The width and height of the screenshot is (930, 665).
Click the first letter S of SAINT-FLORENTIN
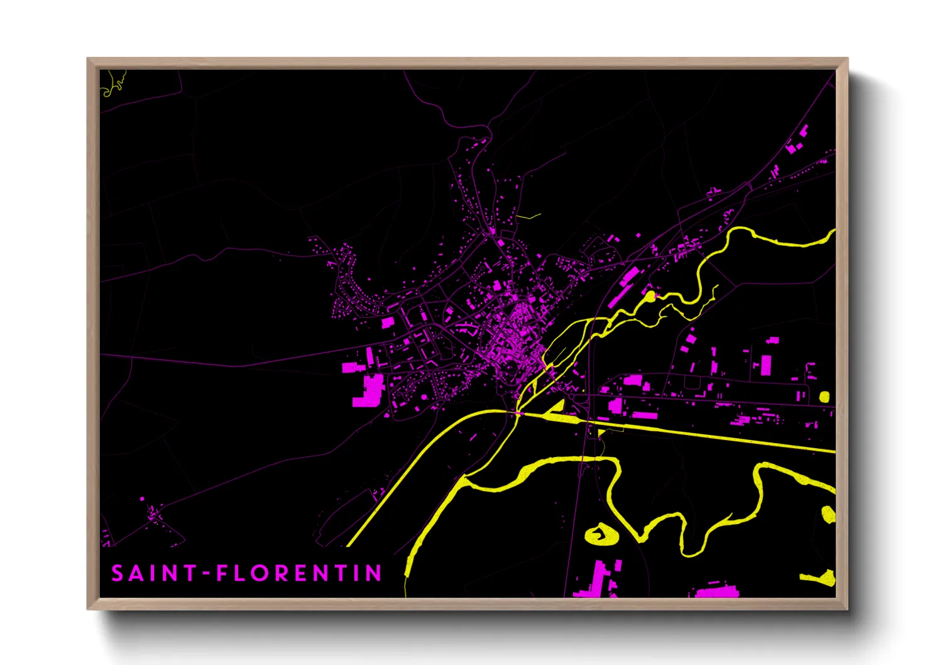[x=118, y=573]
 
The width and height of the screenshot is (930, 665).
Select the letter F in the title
[x=221, y=573]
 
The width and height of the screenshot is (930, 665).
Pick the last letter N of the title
[x=375, y=573]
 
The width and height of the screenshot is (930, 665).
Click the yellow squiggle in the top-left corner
[x=114, y=84]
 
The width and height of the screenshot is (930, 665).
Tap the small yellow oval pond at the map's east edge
[x=824, y=397]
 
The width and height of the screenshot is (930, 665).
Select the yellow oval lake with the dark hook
[x=601, y=535]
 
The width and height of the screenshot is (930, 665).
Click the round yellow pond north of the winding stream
[x=650, y=295]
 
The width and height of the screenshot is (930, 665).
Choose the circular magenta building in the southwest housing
[x=416, y=409]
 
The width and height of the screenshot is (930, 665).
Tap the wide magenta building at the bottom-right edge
[x=716, y=591]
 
